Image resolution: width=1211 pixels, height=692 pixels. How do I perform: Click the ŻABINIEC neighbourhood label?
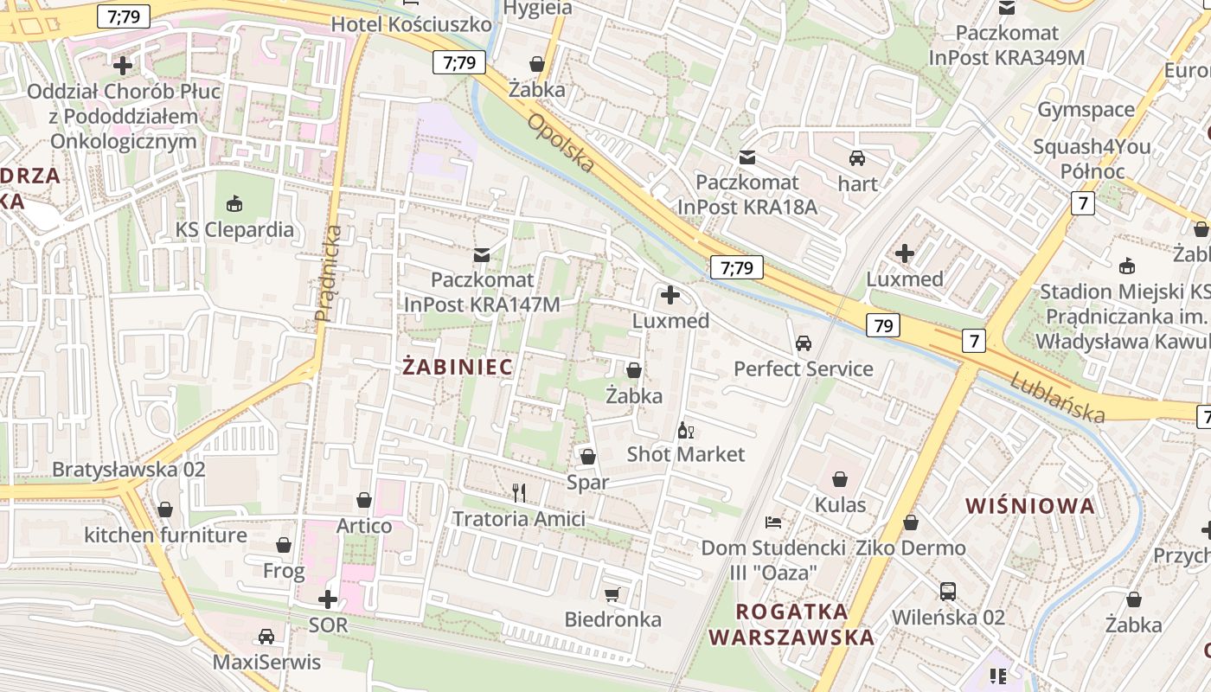coord(458,367)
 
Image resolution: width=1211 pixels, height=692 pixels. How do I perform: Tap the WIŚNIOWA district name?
coord(1029,506)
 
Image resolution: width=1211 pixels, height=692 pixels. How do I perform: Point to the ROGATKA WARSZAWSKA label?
coord(791,625)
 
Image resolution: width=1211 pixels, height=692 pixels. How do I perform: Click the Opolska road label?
coord(560,142)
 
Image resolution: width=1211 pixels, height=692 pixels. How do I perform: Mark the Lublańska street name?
coord(1057,397)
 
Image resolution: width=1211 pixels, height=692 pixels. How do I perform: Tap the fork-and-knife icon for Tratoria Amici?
coord(519,493)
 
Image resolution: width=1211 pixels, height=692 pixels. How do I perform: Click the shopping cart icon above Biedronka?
coord(612,594)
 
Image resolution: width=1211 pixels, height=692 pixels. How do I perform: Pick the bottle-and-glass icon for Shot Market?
coord(685,430)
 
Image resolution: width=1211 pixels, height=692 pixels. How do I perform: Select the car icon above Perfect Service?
coord(804,343)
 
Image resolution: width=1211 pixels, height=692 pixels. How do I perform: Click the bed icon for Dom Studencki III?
coord(773,522)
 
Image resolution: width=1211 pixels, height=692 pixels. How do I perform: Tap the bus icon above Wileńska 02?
coord(948,592)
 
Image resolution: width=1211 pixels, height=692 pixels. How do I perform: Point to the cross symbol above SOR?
coord(328,599)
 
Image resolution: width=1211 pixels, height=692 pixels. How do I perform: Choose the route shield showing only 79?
coord(882,325)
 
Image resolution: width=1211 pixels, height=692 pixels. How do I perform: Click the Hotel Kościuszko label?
coord(411,24)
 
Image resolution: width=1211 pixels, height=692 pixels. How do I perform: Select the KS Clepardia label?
coord(234,230)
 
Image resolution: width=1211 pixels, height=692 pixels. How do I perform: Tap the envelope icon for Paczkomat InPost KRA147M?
coord(482,254)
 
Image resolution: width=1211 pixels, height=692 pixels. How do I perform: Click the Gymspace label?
coord(1086,110)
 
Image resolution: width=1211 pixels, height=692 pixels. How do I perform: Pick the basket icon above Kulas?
coord(840,478)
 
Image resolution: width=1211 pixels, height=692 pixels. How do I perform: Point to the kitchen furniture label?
coord(165,535)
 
